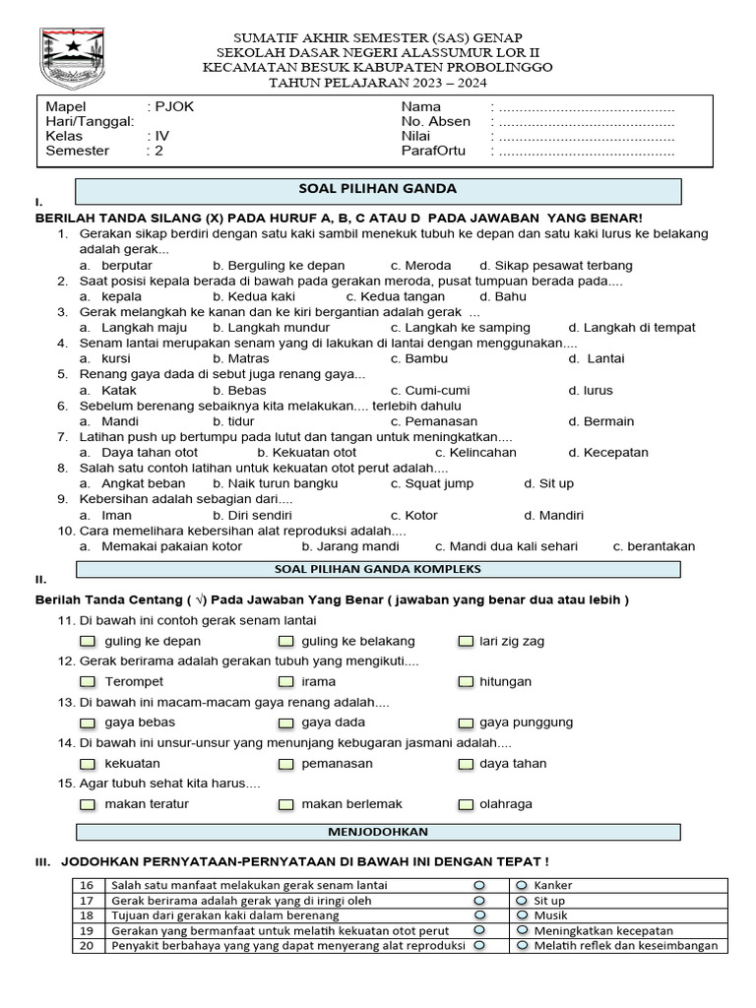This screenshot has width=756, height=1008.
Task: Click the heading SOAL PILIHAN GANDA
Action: [x=377, y=189]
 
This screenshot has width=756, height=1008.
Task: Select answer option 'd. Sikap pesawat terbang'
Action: [x=555, y=265]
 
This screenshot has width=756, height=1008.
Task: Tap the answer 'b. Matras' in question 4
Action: [x=240, y=358]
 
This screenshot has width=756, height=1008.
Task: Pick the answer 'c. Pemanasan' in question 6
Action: [x=434, y=421]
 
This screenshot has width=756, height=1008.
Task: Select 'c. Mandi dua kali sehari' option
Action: [x=506, y=546]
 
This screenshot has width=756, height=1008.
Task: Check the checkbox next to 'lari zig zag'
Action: [x=466, y=641]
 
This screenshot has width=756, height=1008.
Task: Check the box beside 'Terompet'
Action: [x=89, y=681]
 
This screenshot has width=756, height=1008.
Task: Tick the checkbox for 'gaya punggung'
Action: [x=466, y=723]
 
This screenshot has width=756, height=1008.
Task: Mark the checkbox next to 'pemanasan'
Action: [x=285, y=763]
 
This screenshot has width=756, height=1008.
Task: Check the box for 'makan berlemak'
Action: [x=285, y=804]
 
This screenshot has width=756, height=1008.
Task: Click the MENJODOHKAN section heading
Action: [x=377, y=832]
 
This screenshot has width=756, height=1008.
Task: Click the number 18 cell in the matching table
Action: [x=87, y=915]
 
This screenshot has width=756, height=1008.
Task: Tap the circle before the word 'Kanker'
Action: [x=522, y=885]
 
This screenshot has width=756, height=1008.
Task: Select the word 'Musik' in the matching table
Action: [x=551, y=915]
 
